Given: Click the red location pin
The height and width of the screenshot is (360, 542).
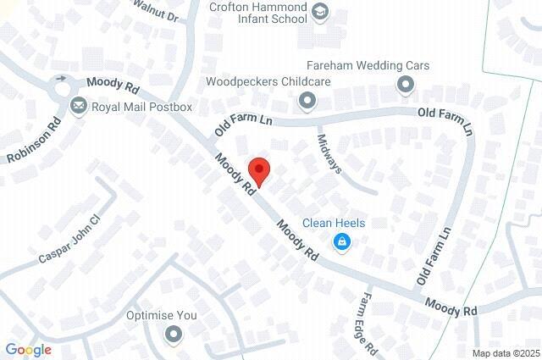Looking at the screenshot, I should coord(258,170).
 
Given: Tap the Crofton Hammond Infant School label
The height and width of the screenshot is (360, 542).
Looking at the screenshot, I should coord(258,12).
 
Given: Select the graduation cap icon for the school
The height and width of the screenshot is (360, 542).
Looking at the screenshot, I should coord(320,12).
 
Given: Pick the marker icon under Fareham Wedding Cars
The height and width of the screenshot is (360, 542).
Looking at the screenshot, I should coord(406,84).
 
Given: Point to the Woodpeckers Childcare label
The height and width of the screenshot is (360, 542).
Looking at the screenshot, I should coord(268,82).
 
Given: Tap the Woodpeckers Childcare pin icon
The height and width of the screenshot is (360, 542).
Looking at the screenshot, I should coord(306,102).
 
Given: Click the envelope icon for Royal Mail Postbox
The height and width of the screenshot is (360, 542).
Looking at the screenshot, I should coord(79,106).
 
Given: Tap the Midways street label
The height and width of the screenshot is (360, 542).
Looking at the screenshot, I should coord(329,153).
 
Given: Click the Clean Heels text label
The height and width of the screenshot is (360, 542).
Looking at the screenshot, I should coord(334,223).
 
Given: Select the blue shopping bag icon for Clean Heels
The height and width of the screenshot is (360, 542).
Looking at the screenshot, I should coord(341,243).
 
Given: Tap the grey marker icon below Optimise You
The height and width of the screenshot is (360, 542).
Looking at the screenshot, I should coord(174,335).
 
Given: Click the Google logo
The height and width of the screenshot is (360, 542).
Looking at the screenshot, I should coord(28,350).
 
